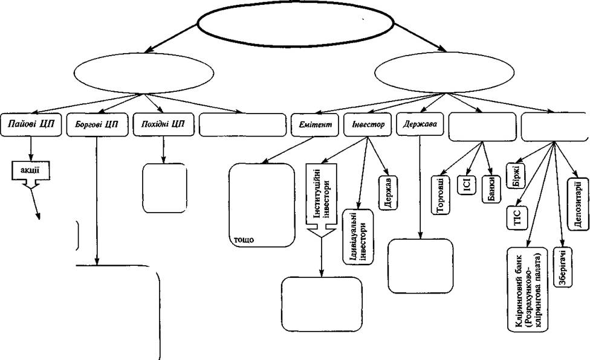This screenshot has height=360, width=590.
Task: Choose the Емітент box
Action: tap(316, 124)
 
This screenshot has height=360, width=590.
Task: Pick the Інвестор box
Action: tap(368, 124)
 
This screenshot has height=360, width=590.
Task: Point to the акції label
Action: tap(30, 170)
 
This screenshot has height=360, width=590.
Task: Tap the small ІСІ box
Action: tap(467, 185)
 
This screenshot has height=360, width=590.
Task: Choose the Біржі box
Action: tap(516, 176)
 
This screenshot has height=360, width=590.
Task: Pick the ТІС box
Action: tap(517, 218)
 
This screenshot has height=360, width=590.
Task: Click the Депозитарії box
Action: tap(577, 204)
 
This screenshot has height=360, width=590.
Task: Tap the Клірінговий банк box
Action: tap(528, 289)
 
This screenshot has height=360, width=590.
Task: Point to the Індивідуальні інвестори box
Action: tap(358, 237)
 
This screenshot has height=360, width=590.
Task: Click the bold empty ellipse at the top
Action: tap(296, 24)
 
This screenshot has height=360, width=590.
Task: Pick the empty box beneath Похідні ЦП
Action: tap(165, 188)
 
